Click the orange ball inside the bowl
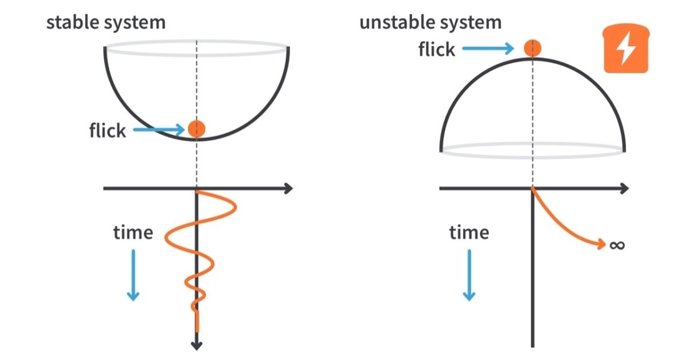197,129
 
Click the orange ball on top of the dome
533,49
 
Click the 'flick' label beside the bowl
107,131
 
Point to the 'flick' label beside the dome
437,49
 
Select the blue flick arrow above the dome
492,49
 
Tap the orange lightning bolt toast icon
627,52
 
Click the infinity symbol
617,245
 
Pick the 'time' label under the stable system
133,233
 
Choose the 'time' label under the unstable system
469,233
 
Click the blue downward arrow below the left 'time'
133,274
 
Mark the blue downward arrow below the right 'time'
469,274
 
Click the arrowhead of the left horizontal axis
287,188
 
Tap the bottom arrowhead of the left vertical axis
197,344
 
